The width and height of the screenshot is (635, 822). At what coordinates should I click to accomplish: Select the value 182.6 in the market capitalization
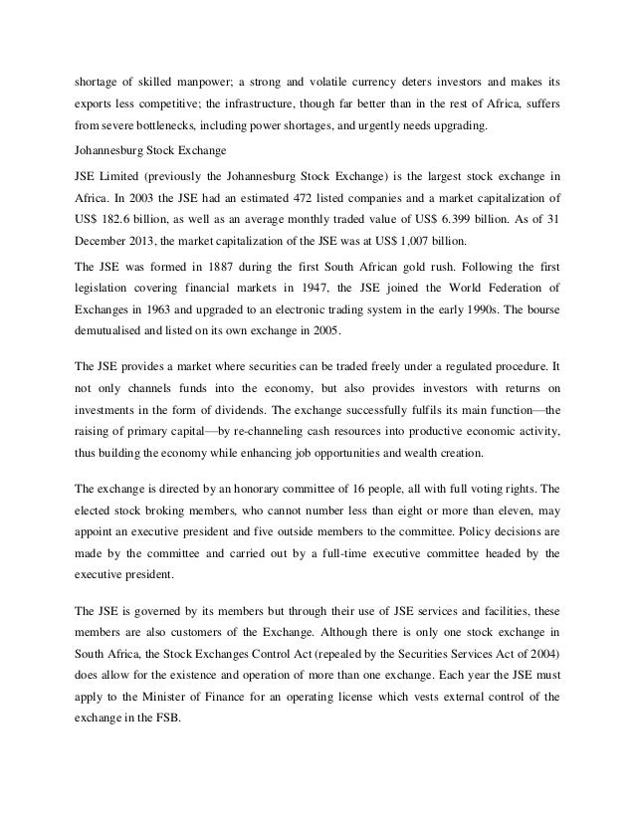click(x=127, y=219)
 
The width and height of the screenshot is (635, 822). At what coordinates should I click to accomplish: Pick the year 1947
click(x=299, y=290)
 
